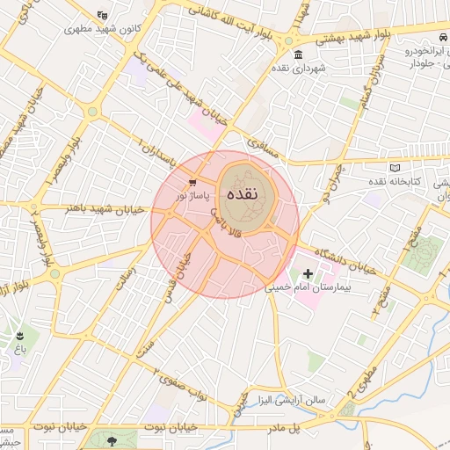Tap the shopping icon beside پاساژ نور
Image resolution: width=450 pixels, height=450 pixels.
(x=192, y=182)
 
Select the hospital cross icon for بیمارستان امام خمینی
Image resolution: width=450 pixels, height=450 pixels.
(x=307, y=274)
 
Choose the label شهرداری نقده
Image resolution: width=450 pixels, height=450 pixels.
(x=299, y=68)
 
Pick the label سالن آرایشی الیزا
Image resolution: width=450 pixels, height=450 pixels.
(x=291, y=400)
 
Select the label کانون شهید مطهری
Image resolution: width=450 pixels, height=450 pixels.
(x=103, y=27)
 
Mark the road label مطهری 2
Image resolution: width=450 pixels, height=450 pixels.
(x=364, y=388)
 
